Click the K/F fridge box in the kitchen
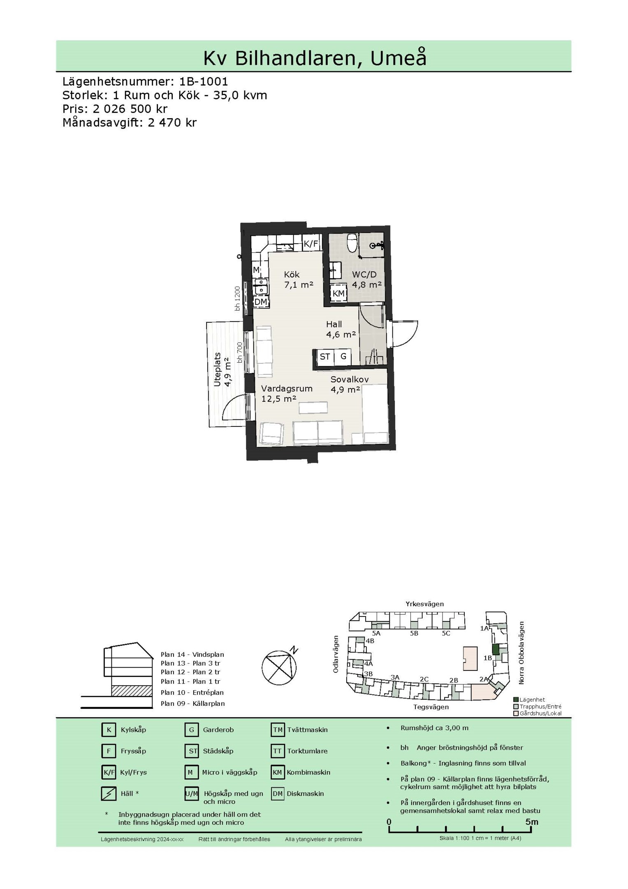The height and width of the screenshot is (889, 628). click(x=311, y=244)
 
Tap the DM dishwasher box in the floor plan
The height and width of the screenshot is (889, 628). click(x=260, y=302)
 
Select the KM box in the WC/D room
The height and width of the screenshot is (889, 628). click(x=338, y=293)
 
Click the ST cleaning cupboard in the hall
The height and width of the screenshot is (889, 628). click(x=325, y=357)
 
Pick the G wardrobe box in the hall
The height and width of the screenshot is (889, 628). click(x=343, y=357)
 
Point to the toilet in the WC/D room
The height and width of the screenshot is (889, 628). click(x=352, y=243)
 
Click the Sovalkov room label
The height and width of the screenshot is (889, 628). click(x=350, y=379)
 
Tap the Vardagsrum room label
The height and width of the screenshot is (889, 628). click(x=287, y=389)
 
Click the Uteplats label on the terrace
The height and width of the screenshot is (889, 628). click(x=217, y=370)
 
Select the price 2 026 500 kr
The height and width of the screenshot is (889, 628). click(x=130, y=109)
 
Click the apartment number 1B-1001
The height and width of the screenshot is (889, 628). click(x=204, y=81)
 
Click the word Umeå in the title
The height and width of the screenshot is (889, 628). click(x=398, y=58)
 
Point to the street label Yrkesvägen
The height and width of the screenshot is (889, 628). click(x=424, y=604)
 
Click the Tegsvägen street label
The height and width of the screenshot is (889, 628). click(x=431, y=707)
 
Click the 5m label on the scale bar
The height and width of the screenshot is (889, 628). click(x=531, y=822)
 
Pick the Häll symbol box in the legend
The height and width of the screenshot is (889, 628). click(x=109, y=794)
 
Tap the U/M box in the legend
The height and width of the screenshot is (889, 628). click(x=192, y=794)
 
